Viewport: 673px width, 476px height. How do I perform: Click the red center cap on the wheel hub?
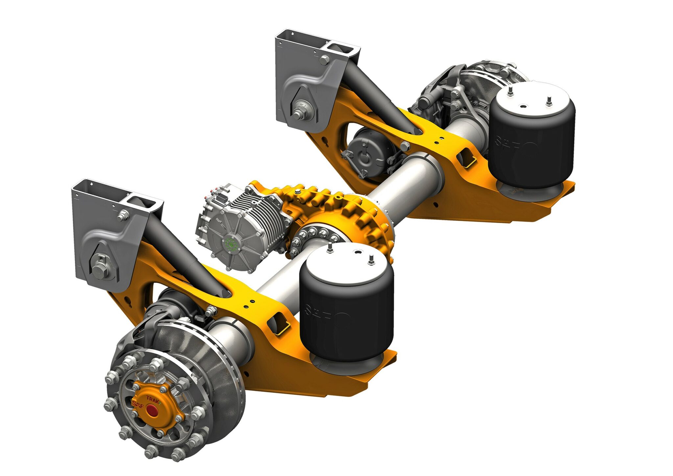151,411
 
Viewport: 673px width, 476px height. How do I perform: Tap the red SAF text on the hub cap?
138,404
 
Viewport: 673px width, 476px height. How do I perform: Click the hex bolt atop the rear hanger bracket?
324,59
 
